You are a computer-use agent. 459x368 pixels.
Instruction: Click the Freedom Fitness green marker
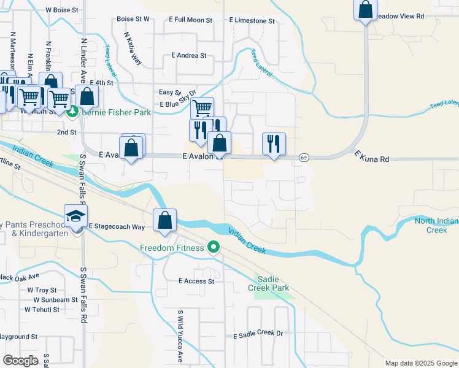(214, 248)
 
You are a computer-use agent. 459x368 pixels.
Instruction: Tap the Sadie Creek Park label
(268, 283)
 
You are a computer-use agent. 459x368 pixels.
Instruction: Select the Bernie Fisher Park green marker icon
(72, 112)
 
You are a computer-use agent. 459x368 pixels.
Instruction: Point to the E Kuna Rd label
(372, 159)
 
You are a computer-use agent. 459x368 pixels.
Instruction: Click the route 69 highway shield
(304, 158)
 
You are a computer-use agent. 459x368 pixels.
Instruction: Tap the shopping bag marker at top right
(365, 10)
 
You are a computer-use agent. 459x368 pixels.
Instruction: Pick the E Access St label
(196, 281)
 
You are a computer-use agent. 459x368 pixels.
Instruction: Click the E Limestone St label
(252, 21)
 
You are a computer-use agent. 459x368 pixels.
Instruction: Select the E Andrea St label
(189, 55)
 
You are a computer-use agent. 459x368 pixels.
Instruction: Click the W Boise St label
(61, 10)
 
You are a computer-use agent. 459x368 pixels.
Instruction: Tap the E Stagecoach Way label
(117, 226)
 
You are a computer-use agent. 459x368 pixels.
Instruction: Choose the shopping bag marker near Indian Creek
(164, 221)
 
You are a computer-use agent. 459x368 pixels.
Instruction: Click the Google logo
(21, 361)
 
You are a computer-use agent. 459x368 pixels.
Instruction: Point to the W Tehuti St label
(42, 310)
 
